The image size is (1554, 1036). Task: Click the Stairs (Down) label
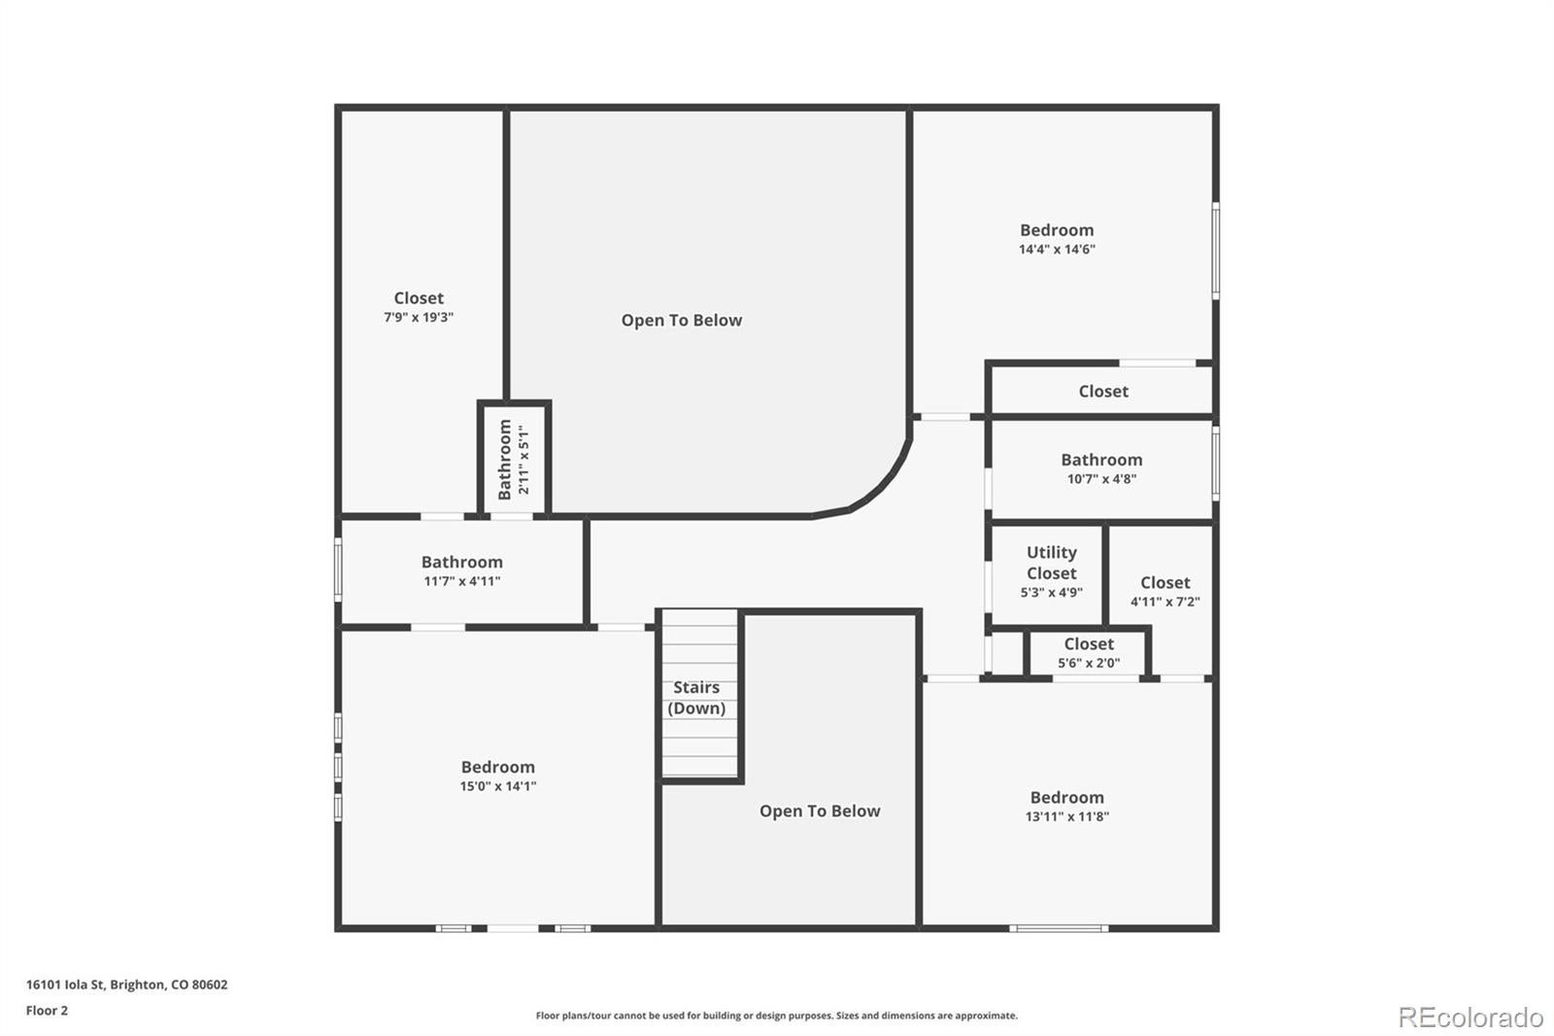tap(696, 698)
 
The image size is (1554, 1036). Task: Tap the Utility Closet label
tap(1051, 563)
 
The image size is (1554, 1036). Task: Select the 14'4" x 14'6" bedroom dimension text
tap(1057, 250)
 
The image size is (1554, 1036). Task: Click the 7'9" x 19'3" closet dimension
tap(419, 318)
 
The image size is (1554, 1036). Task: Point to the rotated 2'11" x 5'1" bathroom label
tap(513, 459)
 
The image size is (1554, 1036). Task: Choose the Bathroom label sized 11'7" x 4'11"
tap(461, 563)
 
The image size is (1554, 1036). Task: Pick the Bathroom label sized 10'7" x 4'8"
tap(1101, 461)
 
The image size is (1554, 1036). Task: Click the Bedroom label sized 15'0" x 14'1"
tap(497, 768)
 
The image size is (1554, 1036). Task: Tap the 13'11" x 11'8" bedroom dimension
tap(1066, 817)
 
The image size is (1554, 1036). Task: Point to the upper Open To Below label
tap(682, 321)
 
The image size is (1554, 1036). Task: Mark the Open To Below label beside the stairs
tap(820, 812)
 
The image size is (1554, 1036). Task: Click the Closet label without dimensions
tap(1103, 392)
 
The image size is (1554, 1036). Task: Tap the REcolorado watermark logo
tap(1470, 1018)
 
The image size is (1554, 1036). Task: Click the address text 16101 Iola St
tap(126, 984)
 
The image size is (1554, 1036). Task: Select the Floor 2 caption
tap(47, 1011)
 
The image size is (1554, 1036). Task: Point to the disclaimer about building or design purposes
tap(776, 1016)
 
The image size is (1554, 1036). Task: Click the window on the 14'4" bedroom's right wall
tap(1216, 250)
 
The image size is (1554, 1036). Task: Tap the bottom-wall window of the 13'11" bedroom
tap(1059, 928)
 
